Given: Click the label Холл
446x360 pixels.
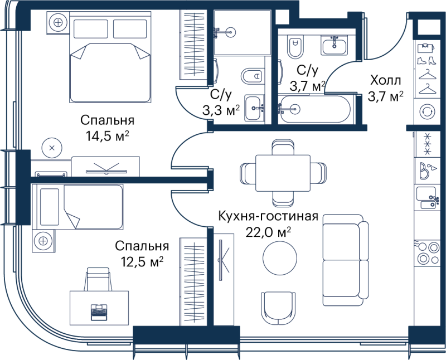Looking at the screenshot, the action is click(385, 80).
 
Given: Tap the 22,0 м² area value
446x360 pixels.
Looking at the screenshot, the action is click(268, 233).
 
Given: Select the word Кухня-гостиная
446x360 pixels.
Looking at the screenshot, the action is click(268, 216).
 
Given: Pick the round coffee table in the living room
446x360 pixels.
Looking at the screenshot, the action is click(280, 258).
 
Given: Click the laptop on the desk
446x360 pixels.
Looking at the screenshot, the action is click(99, 312).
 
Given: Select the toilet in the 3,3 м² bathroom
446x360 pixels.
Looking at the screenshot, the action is click(253, 76).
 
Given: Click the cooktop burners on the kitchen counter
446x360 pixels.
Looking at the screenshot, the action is click(428, 252).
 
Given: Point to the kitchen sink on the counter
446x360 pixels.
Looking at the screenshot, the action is click(426, 198).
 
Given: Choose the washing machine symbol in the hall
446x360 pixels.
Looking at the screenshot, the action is click(427, 111).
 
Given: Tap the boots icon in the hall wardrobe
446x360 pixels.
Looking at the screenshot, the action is click(426, 60).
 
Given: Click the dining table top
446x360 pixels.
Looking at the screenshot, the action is click(283, 173).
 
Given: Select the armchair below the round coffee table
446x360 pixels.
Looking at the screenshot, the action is click(278, 308).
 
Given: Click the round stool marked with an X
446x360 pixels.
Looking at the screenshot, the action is click(52, 148).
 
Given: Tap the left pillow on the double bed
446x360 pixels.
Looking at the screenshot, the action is click(91, 29).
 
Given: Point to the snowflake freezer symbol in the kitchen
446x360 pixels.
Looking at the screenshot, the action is click(427, 144).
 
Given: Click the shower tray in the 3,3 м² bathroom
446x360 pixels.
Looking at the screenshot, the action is click(242, 32).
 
